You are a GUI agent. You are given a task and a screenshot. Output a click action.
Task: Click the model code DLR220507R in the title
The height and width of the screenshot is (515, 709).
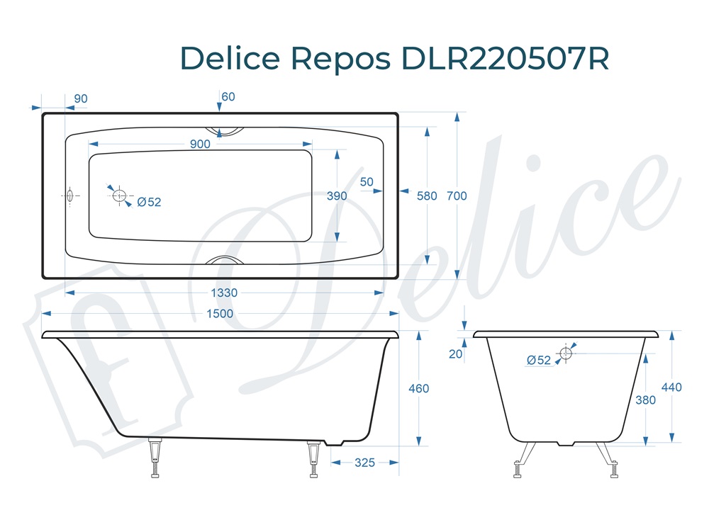[506, 59]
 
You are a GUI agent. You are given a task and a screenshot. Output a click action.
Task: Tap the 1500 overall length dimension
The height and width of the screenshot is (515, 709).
[219, 314]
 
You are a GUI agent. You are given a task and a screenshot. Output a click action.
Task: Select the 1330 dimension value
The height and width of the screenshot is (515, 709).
[224, 293]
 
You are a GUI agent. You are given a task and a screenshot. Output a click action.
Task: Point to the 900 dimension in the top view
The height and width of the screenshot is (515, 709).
[200, 145]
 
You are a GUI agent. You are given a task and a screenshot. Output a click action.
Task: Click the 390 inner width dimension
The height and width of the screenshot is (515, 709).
[336, 196]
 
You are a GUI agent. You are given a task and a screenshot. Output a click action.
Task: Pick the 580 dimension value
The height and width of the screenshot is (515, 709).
[427, 196]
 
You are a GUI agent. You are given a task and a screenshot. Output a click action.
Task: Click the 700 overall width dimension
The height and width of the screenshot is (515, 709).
[457, 196]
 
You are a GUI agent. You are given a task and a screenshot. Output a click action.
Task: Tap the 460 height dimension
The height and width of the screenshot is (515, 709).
[419, 388]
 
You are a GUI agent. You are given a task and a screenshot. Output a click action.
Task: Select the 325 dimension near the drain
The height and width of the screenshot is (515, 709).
[364, 463]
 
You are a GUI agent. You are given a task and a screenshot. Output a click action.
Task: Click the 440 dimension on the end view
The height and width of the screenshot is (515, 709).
[671, 387]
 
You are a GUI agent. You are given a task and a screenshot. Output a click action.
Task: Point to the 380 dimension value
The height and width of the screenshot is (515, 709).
[645, 400]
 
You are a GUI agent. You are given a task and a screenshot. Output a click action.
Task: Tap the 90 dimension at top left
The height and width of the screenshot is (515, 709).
[80, 98]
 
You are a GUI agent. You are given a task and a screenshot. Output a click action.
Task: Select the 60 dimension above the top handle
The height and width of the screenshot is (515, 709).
[228, 96]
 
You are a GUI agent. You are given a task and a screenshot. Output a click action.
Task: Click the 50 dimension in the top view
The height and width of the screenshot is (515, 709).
[367, 182]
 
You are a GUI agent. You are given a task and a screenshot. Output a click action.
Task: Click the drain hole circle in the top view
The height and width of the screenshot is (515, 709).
[118, 195]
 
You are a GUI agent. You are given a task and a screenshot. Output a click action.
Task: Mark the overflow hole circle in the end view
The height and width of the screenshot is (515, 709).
[566, 353]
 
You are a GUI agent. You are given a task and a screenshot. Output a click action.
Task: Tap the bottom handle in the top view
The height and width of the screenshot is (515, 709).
[223, 261]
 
